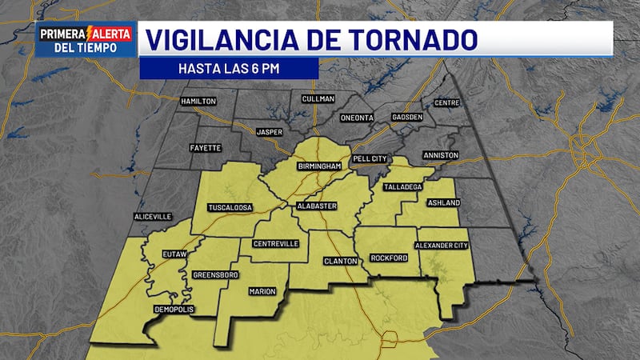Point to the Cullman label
click(x=318, y=98)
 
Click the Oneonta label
click(x=357, y=118)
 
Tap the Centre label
click(x=446, y=103)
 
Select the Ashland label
click(x=443, y=202)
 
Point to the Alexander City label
click(x=441, y=245)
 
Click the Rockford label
click(x=390, y=258)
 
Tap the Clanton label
click(x=339, y=261)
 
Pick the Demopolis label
click(x=174, y=310)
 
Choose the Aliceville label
click(x=153, y=216)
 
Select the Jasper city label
click(x=269, y=131)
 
